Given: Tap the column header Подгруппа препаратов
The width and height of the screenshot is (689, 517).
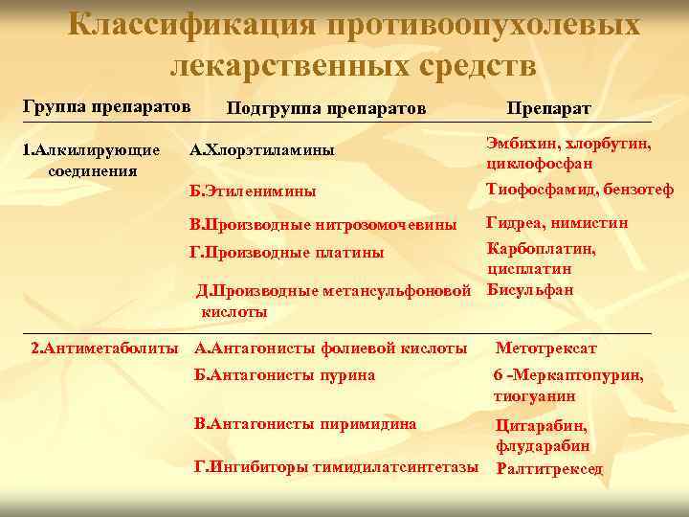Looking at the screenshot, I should tap(325, 107).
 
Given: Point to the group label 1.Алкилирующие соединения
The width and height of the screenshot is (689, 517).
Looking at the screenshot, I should tap(91, 160).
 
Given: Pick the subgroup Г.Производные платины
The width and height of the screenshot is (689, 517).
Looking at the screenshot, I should tap(289, 253).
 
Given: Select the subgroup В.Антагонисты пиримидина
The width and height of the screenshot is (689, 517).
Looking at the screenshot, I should tap(304, 424).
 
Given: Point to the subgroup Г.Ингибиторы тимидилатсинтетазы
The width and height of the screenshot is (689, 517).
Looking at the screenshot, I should tap(336, 467).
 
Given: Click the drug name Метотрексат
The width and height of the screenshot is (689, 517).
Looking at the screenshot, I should tap(545, 348).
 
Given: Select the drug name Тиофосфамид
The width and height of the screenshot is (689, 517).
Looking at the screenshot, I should tap(535, 190).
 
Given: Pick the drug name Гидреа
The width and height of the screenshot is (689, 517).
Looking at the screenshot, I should tap(513, 223).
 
